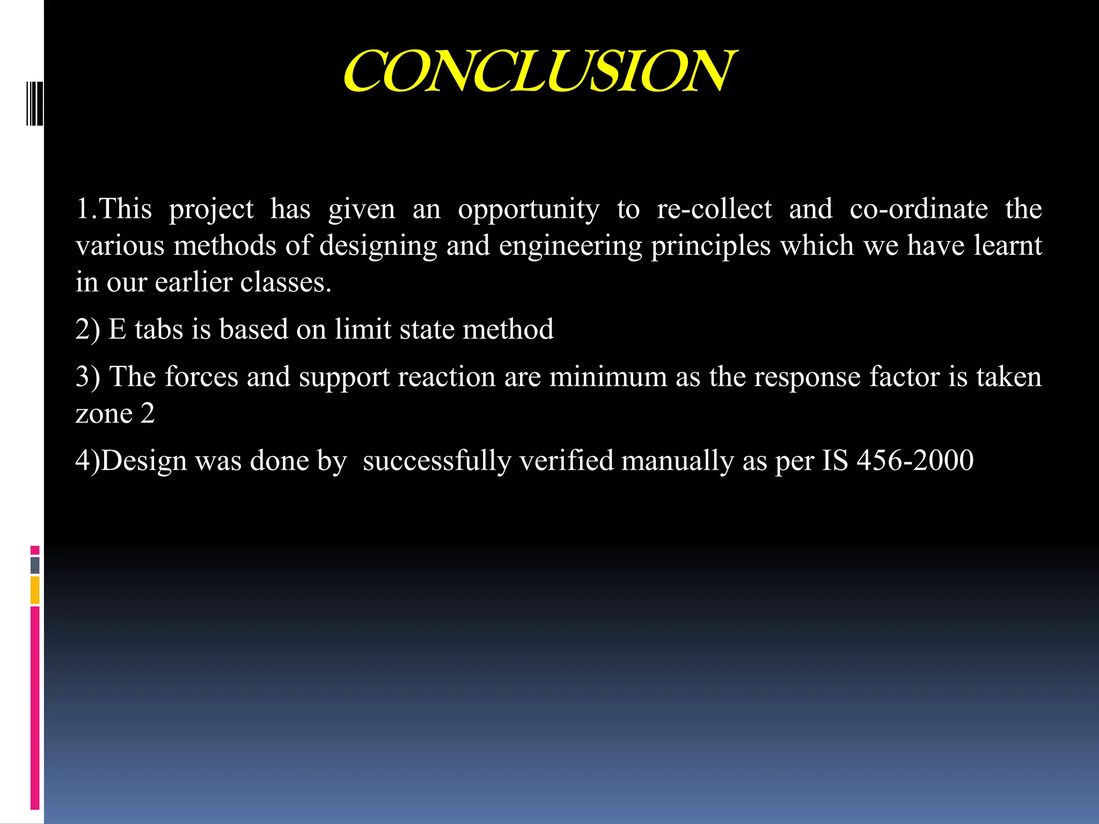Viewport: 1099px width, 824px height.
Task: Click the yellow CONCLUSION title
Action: click(x=539, y=71)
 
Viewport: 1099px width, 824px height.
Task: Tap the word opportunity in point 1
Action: click(x=529, y=209)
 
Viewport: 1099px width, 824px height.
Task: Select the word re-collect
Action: click(x=714, y=209)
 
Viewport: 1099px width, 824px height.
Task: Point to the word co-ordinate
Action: click(x=918, y=209)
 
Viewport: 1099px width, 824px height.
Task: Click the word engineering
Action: click(x=570, y=246)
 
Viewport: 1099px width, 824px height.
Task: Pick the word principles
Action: click(x=711, y=246)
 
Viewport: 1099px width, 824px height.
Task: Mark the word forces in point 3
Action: click(x=201, y=376)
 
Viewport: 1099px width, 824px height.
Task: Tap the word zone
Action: click(x=104, y=414)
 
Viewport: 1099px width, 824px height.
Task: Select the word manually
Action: click(x=677, y=461)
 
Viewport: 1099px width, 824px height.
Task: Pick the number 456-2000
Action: click(x=915, y=460)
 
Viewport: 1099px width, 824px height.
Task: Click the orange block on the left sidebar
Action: click(x=35, y=590)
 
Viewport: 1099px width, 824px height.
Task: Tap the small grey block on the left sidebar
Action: click(x=35, y=565)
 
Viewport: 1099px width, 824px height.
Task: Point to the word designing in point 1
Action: click(x=378, y=246)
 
